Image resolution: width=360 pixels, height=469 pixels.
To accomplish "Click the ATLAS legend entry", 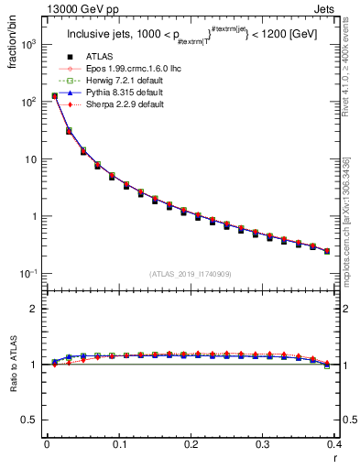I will point(99,57).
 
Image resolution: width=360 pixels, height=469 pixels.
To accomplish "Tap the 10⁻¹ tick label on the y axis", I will point(27,274).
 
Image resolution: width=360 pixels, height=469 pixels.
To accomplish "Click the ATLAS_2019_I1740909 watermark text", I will point(190,274).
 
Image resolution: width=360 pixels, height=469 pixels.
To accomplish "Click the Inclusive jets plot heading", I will point(190,36).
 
